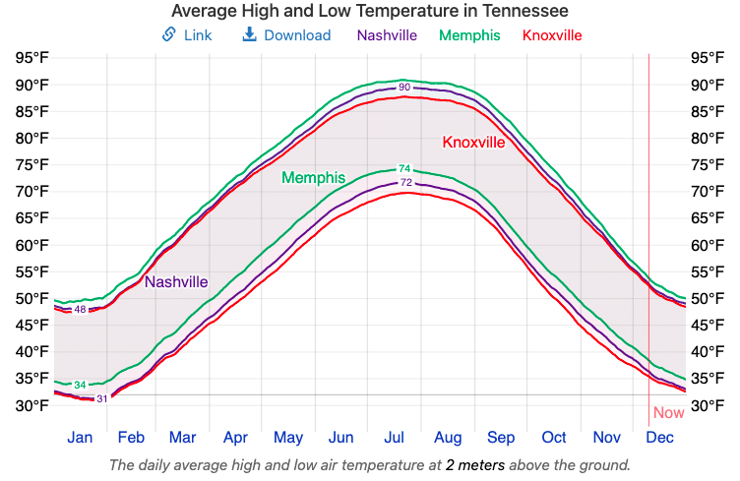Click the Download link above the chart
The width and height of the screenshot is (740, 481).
286,35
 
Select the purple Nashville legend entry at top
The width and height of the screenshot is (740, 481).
387,35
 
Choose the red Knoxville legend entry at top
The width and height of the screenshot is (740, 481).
552,35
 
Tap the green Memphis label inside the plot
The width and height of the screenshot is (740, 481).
313,178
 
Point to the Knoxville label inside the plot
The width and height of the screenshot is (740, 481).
473,143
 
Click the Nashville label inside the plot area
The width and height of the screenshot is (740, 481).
176,282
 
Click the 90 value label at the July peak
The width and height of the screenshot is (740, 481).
404,89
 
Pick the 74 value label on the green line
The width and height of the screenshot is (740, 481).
404,169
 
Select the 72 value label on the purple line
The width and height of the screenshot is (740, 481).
406,183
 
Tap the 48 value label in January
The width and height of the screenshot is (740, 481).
81,310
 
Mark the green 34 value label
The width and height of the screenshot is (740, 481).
81,385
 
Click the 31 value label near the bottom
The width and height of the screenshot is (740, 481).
102,398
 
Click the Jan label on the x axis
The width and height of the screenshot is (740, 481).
80,438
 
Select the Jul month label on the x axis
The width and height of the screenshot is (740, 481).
395,438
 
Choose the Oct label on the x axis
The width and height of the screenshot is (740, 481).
554,438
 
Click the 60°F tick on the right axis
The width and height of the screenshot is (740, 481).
708,245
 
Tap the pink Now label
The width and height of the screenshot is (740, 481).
668,413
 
